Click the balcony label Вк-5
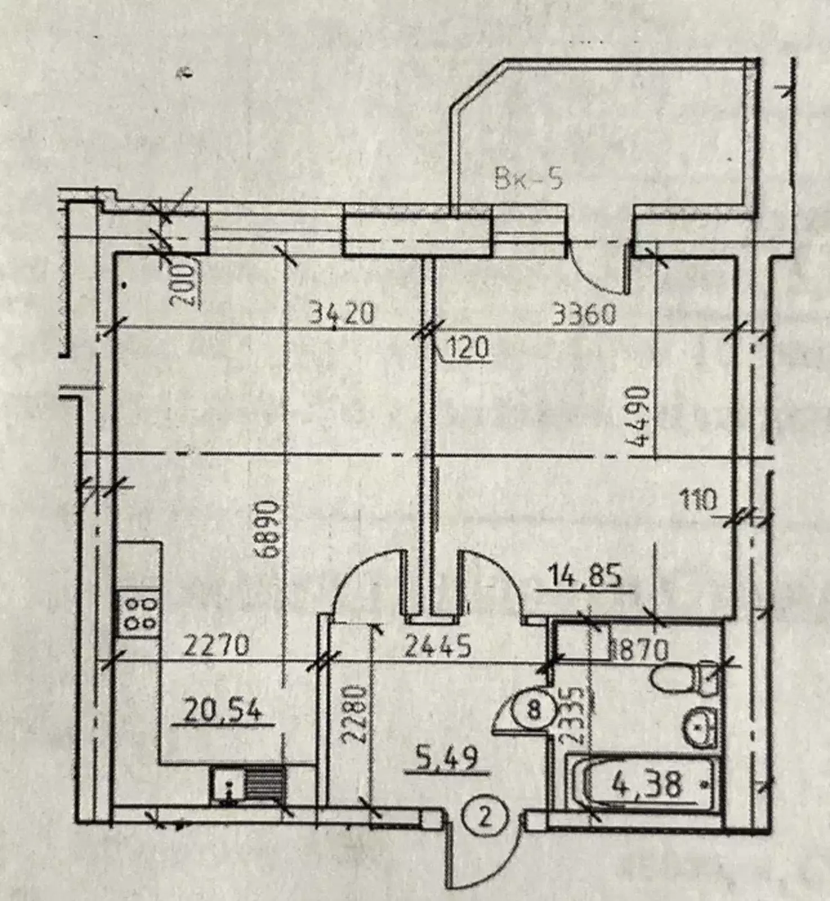coord(528,180)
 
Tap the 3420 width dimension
coord(342,314)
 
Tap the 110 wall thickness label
coord(698,499)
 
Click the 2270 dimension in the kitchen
coord(216,645)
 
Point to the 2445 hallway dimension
coord(438,647)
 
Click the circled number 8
coord(533,710)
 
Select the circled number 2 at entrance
coord(485,817)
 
